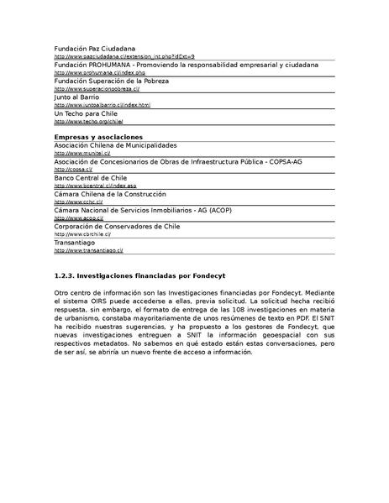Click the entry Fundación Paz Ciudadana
(94, 49)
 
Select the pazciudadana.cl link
(124, 56)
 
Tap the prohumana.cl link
(94, 72)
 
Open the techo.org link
(87, 121)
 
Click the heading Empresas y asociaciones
(98, 136)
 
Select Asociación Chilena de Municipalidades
(121, 145)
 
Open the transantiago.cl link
(88, 250)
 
